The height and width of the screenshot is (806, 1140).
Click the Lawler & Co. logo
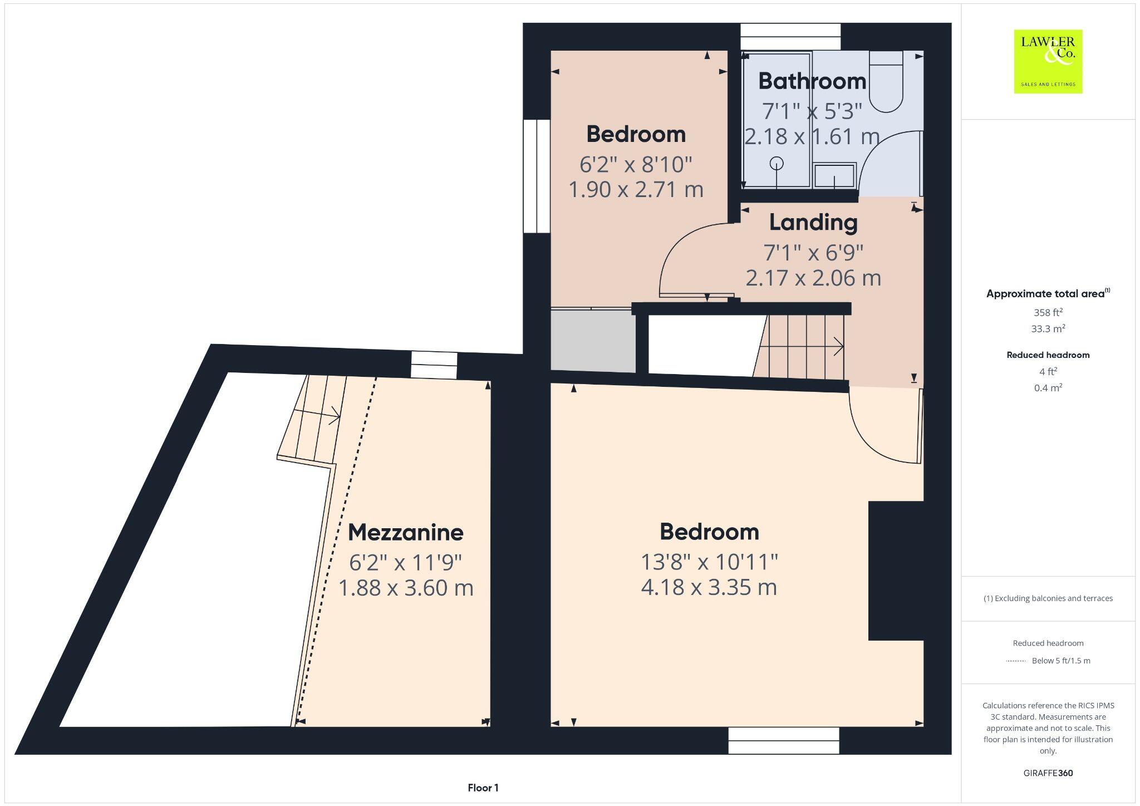1048,61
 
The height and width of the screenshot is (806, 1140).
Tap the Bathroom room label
812,81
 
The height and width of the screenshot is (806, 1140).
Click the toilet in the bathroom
886,83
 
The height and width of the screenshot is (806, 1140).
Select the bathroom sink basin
834,176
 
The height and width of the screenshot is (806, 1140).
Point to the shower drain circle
777,163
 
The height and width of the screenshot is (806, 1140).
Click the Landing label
813,223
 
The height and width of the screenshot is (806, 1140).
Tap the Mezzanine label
405,533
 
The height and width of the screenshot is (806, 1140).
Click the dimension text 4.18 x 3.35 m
709,587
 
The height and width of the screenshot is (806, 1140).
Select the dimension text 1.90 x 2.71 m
636,190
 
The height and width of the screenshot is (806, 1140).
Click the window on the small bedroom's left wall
537,176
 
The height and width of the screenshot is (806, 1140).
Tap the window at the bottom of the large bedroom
783,740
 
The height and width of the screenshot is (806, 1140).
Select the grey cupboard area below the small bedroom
593,341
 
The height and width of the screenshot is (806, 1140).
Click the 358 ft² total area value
1048,312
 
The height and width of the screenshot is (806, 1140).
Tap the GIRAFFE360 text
1048,773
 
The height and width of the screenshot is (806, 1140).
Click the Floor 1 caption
483,788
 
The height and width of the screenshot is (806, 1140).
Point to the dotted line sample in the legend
1015,661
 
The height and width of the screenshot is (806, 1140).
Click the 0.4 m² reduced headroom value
1048,388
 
